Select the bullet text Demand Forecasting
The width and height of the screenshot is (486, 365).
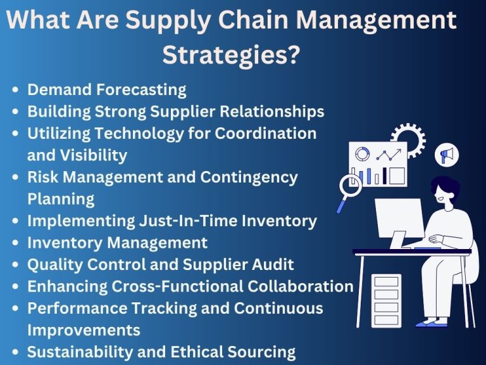tap(106, 89)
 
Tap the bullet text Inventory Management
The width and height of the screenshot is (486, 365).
tap(117, 242)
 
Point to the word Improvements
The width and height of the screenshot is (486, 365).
tap(84, 330)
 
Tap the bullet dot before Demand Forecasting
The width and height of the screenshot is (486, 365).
tap(15, 90)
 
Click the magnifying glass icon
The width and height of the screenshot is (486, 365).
tap(350, 188)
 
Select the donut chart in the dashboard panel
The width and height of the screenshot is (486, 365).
tap(363, 154)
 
